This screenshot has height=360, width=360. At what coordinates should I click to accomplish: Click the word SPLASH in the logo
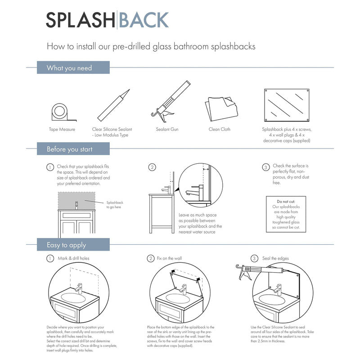click(81, 20)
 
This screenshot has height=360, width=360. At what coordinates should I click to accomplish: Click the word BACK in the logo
click(144, 20)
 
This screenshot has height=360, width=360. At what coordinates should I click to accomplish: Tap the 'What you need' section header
click(69, 68)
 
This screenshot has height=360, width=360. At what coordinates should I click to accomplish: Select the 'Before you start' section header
click(70, 149)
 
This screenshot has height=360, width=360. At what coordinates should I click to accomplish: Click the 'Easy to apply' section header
click(66, 245)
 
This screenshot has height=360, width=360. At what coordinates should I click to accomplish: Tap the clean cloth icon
click(220, 108)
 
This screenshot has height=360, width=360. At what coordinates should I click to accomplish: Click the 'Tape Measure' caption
click(62, 130)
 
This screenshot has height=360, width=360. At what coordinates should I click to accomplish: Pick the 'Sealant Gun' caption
click(167, 130)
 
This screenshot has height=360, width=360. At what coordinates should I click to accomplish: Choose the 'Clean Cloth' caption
click(220, 130)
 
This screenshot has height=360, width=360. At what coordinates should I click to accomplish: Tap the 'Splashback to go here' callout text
click(115, 205)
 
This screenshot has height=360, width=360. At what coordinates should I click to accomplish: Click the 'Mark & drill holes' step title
click(73, 259)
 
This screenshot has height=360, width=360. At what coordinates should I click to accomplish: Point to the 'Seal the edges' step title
click(276, 259)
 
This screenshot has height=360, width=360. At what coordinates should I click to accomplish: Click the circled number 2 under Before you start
click(152, 167)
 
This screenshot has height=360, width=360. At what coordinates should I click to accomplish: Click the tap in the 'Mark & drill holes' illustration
click(80, 288)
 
